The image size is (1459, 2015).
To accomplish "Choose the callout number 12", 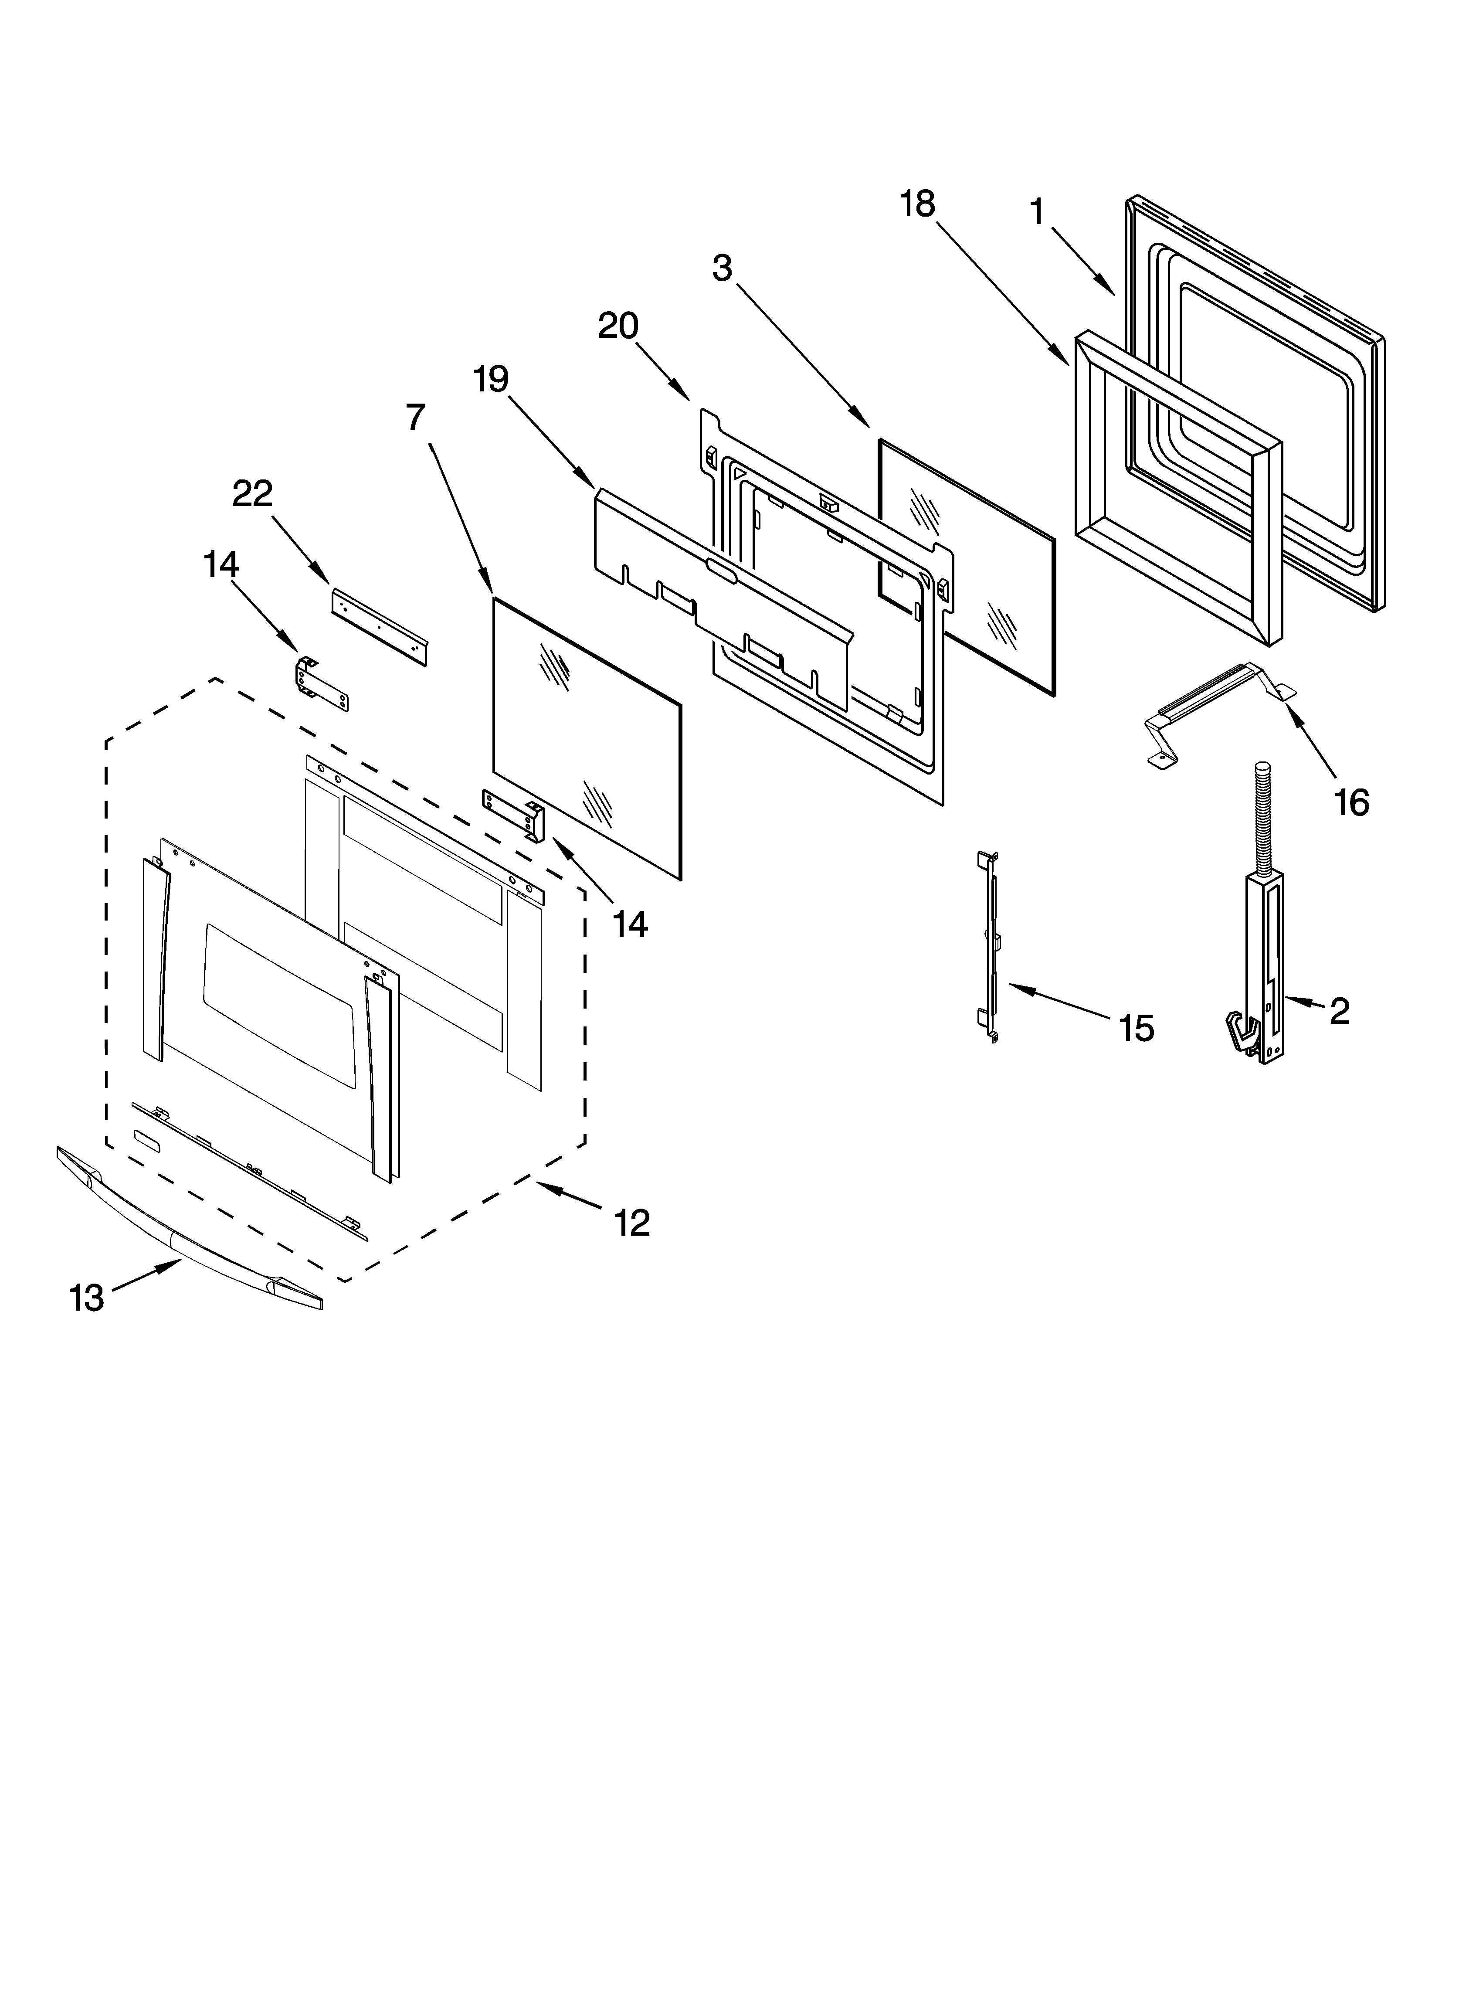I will point(632,1223).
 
